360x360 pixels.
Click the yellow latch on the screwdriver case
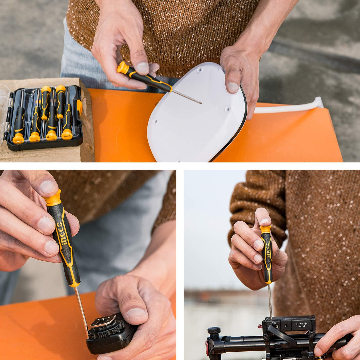[x=79, y=107]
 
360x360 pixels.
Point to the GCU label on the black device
[x=274, y=323]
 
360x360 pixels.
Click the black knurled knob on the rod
[x=214, y=330]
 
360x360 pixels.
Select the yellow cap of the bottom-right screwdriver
[x=265, y=229]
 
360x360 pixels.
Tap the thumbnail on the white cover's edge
[x=232, y=87]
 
